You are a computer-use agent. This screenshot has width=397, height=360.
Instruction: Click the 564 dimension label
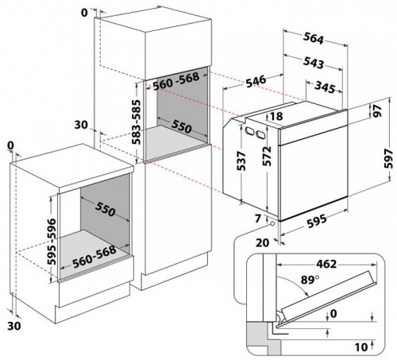314,38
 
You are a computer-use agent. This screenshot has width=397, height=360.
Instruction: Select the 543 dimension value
314,63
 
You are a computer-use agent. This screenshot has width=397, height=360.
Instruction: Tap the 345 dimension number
325,87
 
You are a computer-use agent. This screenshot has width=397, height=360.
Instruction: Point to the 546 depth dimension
256,81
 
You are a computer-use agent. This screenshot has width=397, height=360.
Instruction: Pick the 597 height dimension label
388,158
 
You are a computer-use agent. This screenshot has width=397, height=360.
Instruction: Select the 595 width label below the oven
317,221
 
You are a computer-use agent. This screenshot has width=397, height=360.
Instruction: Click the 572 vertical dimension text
267,156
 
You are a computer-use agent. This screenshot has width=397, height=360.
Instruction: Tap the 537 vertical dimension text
241,161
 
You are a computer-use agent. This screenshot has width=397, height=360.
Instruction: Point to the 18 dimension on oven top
276,116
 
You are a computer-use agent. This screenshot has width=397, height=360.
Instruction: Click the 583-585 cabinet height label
137,122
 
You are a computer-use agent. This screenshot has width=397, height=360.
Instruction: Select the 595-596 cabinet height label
52,241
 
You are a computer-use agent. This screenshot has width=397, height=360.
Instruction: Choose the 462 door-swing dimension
326,264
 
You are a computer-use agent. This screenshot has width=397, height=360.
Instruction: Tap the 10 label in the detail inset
361,346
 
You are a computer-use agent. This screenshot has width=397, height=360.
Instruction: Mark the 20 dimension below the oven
262,242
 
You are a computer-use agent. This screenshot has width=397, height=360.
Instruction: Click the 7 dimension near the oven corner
258,219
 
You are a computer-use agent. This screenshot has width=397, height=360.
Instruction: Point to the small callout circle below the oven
272,223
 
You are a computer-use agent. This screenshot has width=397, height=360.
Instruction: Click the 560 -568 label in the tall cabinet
175,81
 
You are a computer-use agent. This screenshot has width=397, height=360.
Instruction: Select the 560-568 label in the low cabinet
94,256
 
